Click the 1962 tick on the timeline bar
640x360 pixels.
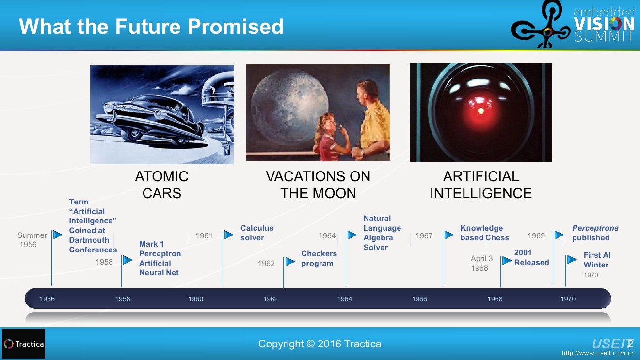tap(270, 299)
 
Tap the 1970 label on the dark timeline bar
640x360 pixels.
tap(568, 299)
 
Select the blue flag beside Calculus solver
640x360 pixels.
tap(229, 235)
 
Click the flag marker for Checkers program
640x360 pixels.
tap(290, 261)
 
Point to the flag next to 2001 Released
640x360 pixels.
tap(507, 260)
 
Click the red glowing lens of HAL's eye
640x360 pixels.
tap(480, 111)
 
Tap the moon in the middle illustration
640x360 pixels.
tap(289, 106)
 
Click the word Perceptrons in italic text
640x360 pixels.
tap(595, 228)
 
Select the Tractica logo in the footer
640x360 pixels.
tap(23, 344)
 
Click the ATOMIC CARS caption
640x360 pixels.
tap(162, 185)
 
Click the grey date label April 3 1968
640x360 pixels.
tap(481, 263)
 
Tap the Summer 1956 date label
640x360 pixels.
tap(32, 240)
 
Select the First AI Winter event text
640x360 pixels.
tap(597, 260)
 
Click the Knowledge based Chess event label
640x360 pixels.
tap(484, 233)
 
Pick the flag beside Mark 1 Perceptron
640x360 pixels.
tap(128, 260)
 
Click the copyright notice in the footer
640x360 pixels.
tap(320, 344)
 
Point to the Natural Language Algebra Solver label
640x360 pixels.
tap(382, 233)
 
